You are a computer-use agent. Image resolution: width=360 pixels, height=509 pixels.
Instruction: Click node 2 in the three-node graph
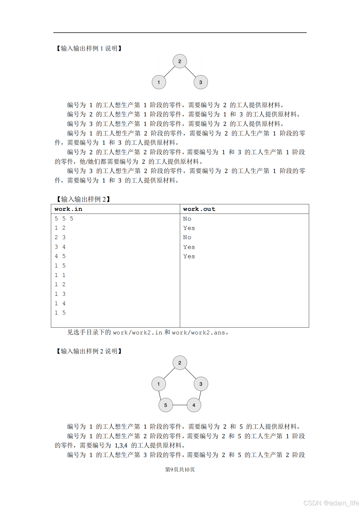pos(180,61)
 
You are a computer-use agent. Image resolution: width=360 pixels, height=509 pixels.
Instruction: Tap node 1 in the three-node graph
pos(159,82)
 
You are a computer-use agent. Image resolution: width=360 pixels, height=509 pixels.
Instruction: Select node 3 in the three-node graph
pos(201,82)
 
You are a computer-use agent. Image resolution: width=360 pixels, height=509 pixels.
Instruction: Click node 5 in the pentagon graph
pos(165,405)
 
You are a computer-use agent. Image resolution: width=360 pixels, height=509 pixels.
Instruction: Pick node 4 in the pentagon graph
pos(194,405)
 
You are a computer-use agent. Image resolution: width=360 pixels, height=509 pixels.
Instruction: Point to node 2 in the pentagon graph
pos(180,363)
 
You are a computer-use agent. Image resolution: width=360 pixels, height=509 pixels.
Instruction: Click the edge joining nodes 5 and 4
pos(180,405)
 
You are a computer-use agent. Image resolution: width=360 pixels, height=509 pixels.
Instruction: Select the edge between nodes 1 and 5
pos(160,395)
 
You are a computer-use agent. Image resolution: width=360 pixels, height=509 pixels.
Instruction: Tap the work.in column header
pos(68,209)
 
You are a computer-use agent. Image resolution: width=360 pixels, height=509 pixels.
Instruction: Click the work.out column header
pos(199,209)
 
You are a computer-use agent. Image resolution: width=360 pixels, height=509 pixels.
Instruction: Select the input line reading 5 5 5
pos(64,218)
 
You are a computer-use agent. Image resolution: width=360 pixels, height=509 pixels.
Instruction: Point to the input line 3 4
pos(60,247)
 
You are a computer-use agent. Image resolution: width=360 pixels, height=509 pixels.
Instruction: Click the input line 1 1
pos(60,275)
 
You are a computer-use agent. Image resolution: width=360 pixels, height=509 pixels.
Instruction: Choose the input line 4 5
pos(60,256)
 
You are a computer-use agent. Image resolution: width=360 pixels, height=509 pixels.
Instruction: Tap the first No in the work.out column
pos(187,219)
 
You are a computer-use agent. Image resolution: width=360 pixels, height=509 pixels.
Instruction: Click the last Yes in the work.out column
pos(189,256)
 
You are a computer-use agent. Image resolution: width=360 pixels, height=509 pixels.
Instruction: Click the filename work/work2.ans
pos(198,332)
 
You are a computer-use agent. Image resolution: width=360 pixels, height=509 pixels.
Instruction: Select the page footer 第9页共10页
pos(180,470)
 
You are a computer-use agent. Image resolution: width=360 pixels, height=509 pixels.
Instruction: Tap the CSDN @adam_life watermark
pos(331,503)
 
